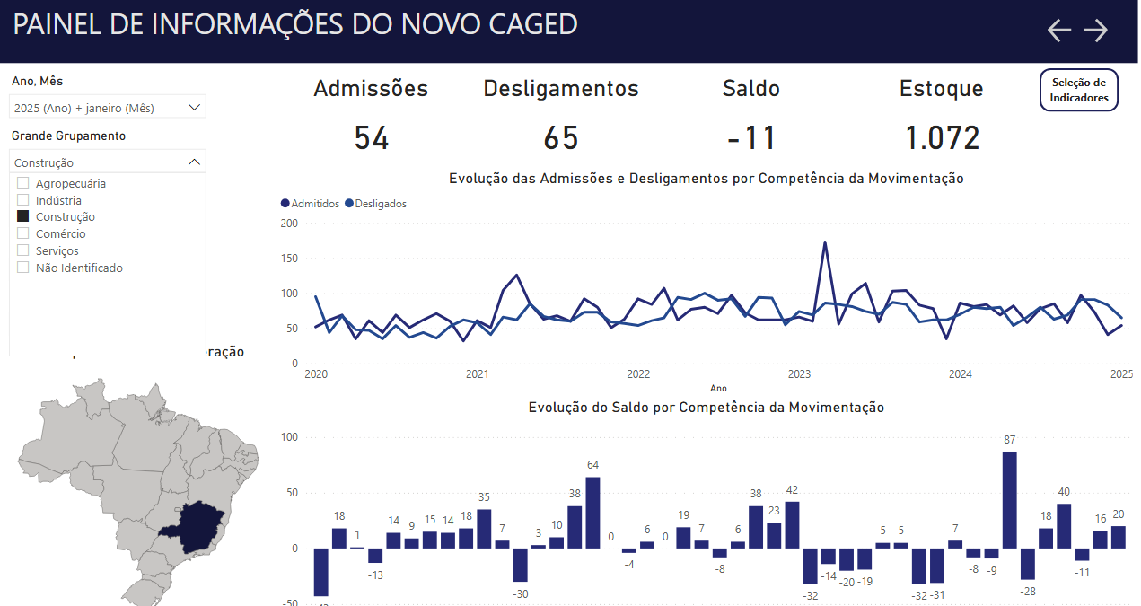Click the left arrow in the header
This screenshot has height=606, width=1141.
click(1059, 31)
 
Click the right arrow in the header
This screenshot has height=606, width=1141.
click(1096, 31)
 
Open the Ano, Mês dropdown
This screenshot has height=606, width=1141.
click(108, 108)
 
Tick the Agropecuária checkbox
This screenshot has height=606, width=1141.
click(23, 183)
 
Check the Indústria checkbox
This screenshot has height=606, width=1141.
click(23, 200)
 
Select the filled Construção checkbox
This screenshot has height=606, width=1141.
click(23, 216)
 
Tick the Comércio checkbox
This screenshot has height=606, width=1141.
click(23, 233)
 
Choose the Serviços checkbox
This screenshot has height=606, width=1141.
click(23, 250)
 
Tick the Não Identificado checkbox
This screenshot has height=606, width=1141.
click(23, 268)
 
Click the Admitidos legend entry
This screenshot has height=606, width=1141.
click(311, 204)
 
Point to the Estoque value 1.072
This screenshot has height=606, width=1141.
click(942, 138)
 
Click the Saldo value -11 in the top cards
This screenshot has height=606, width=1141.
click(751, 138)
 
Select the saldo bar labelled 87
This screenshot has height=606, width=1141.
click(1009, 499)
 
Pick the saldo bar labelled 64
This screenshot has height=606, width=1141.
click(592, 512)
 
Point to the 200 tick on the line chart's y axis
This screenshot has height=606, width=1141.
click(289, 223)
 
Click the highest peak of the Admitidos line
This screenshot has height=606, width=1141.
click(825, 242)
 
